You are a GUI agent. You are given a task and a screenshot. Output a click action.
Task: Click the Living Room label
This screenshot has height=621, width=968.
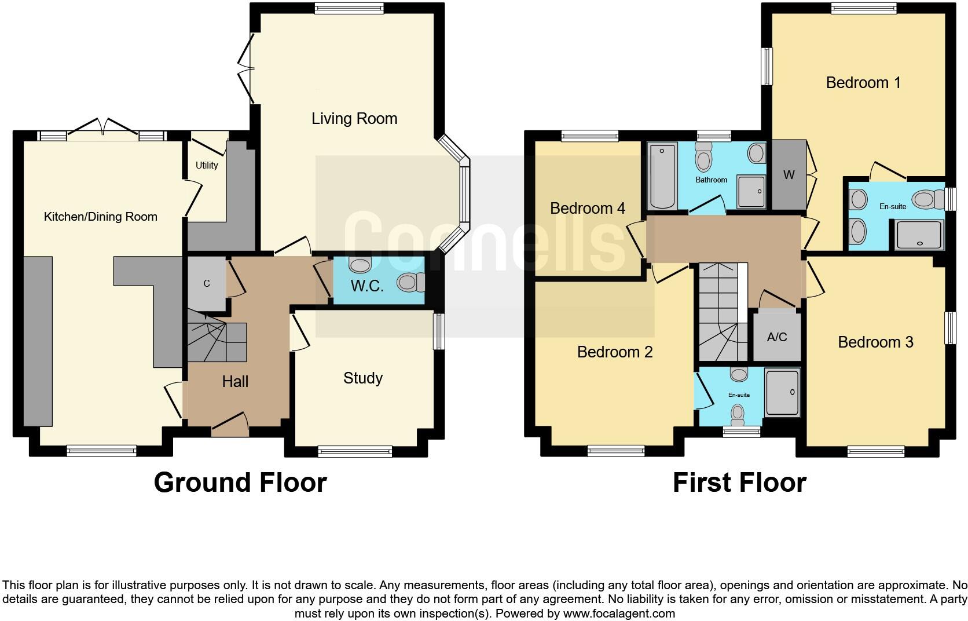354,119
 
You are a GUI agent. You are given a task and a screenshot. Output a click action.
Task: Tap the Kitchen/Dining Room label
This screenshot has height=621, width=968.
101,217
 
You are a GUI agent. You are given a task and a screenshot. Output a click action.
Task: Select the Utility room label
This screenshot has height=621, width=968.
207,165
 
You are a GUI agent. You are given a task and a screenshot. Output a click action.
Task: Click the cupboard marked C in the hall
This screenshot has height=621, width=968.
206,283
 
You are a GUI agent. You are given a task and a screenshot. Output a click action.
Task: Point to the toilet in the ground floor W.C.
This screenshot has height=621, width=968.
409,283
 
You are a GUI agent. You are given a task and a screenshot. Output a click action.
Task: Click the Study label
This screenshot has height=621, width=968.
363,378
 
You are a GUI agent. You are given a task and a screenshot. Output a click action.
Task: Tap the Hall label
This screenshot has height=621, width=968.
235,381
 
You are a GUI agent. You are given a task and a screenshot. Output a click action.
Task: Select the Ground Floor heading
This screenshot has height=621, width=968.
240,483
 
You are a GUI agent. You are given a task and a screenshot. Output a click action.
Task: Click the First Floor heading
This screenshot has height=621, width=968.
739,483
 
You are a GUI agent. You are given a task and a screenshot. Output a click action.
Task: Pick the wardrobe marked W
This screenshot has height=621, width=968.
789,175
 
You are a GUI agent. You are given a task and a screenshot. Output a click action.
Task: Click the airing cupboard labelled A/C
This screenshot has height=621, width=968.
777,337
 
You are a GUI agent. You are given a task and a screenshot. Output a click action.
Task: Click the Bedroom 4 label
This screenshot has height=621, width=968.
588,208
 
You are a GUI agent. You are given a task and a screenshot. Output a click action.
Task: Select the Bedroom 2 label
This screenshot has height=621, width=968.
615,352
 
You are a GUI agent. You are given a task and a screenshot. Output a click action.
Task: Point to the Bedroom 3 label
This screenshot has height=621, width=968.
875,342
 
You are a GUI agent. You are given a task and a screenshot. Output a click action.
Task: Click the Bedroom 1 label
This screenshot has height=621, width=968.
863,83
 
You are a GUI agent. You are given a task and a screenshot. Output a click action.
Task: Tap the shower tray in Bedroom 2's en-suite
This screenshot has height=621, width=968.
783,392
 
